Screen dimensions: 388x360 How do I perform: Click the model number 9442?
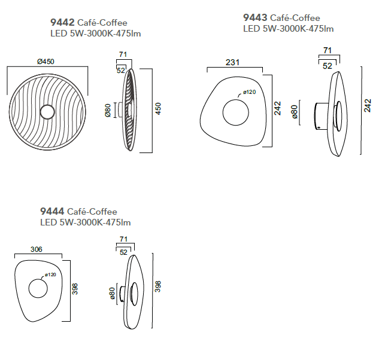click(62, 23)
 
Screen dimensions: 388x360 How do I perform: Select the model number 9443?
click(255, 17)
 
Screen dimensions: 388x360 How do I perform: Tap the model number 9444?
click(52, 211)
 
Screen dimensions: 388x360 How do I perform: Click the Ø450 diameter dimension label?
click(46, 62)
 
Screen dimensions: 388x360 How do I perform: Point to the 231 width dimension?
click(232, 62)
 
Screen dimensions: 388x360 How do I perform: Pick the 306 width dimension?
click(37, 249)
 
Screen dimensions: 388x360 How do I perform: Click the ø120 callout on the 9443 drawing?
click(249, 92)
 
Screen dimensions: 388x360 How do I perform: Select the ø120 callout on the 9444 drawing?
click(50, 274)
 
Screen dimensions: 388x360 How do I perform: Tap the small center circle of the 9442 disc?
click(47, 112)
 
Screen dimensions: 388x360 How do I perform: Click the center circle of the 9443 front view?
click(235, 112)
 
